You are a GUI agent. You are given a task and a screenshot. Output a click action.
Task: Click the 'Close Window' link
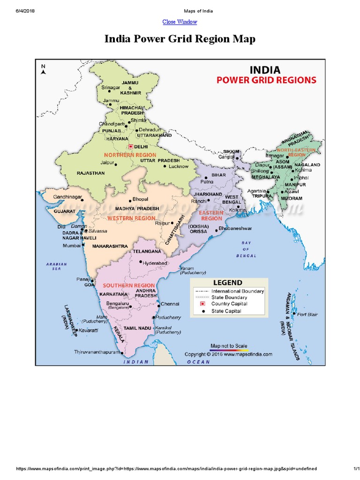(180, 22)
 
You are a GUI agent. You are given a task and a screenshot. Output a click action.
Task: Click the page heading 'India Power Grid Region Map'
(180, 39)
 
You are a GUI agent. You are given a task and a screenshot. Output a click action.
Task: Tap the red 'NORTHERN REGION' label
(130, 154)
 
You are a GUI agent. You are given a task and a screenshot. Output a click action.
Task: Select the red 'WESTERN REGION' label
(131, 218)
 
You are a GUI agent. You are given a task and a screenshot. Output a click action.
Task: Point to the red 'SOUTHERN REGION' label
(129, 285)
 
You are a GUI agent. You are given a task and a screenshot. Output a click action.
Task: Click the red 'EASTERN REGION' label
(212, 216)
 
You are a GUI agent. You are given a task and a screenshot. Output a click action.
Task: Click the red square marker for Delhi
(131, 147)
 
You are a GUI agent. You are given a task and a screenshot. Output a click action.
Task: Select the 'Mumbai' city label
(72, 245)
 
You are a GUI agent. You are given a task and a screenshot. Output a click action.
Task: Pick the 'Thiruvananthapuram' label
(97, 352)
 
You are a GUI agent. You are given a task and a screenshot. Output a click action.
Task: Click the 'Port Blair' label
(307, 315)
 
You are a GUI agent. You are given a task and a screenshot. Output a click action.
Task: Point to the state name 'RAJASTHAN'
(91, 173)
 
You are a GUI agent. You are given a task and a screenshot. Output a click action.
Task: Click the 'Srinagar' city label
(111, 87)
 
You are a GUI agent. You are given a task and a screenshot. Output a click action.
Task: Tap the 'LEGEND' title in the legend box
(228, 283)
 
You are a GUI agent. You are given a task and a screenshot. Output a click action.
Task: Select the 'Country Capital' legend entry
(229, 304)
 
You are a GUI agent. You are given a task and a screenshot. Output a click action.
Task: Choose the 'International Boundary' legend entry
(238, 291)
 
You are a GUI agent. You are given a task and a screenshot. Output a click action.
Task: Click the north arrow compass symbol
(43, 70)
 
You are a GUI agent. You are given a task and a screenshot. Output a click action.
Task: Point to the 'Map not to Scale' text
(229, 346)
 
